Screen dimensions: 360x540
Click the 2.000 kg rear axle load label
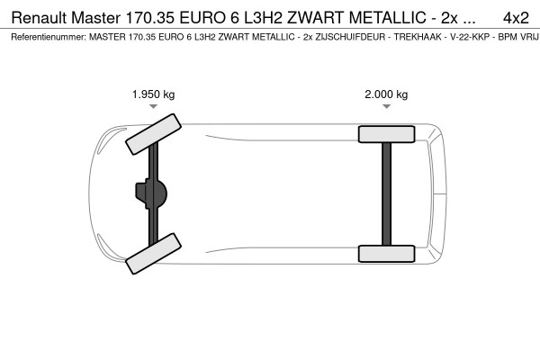tap(386, 94)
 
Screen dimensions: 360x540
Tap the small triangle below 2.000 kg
tap(386, 106)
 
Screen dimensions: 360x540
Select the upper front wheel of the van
tap(151, 134)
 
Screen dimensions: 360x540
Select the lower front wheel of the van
tap(151, 255)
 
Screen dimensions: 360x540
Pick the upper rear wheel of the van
tap(386, 134)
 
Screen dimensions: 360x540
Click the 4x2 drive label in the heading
tap(516, 18)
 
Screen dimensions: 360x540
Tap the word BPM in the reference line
tap(495, 39)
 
